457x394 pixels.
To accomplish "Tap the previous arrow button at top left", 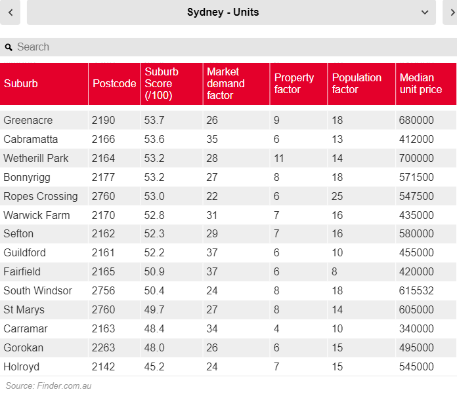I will click(x=11, y=12).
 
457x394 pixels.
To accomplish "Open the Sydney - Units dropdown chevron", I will click(x=424, y=12).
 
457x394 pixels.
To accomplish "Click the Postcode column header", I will click(x=114, y=83).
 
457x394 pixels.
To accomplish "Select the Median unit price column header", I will click(x=421, y=83).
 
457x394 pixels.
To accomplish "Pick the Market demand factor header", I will click(x=225, y=83).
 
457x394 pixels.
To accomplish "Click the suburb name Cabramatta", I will click(x=31, y=139).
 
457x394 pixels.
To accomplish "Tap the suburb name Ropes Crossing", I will click(x=41, y=196).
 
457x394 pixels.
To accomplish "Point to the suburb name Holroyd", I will click(x=22, y=366).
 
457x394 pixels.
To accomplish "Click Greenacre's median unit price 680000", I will click(x=416, y=120).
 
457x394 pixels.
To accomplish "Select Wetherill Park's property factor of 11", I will click(x=280, y=158).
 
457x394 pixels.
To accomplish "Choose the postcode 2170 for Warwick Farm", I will click(x=104, y=215).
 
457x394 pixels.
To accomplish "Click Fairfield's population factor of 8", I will click(x=335, y=271).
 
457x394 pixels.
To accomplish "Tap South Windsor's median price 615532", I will click(x=416, y=290).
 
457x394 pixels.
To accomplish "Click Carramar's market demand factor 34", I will click(x=212, y=328).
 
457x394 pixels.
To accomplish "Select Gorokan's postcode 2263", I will click(x=104, y=347).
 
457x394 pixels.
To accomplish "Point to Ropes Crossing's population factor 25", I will click(x=337, y=196).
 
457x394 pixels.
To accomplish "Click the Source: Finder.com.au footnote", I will click(x=49, y=385).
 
